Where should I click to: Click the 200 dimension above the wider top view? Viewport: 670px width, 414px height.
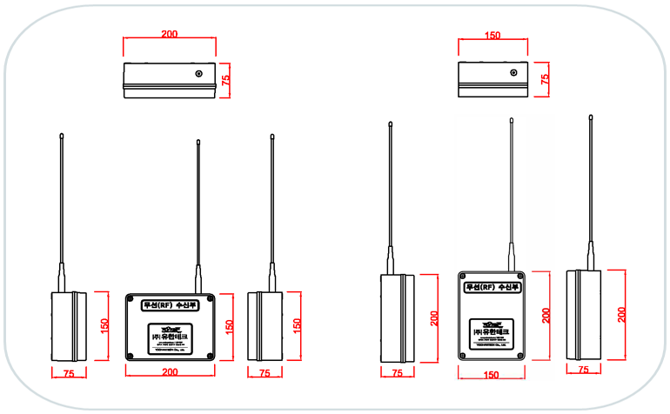click(170, 34)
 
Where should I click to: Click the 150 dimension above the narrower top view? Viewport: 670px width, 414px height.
click(492, 36)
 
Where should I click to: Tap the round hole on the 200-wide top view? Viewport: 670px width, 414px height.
click(199, 74)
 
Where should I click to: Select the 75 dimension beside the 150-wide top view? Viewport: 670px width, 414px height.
click(546, 78)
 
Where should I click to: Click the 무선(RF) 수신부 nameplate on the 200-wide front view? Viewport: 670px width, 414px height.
click(170, 304)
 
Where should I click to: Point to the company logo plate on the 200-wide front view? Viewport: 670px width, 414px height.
click(170, 336)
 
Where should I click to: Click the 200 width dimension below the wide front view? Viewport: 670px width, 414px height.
click(170, 372)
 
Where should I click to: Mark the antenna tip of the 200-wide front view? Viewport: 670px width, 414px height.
click(198, 139)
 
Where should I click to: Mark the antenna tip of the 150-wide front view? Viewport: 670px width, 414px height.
click(511, 120)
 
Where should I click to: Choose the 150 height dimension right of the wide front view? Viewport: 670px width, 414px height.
click(230, 325)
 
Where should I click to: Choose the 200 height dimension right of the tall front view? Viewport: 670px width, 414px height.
click(546, 315)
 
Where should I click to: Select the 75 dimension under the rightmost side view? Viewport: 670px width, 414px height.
click(584, 370)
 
